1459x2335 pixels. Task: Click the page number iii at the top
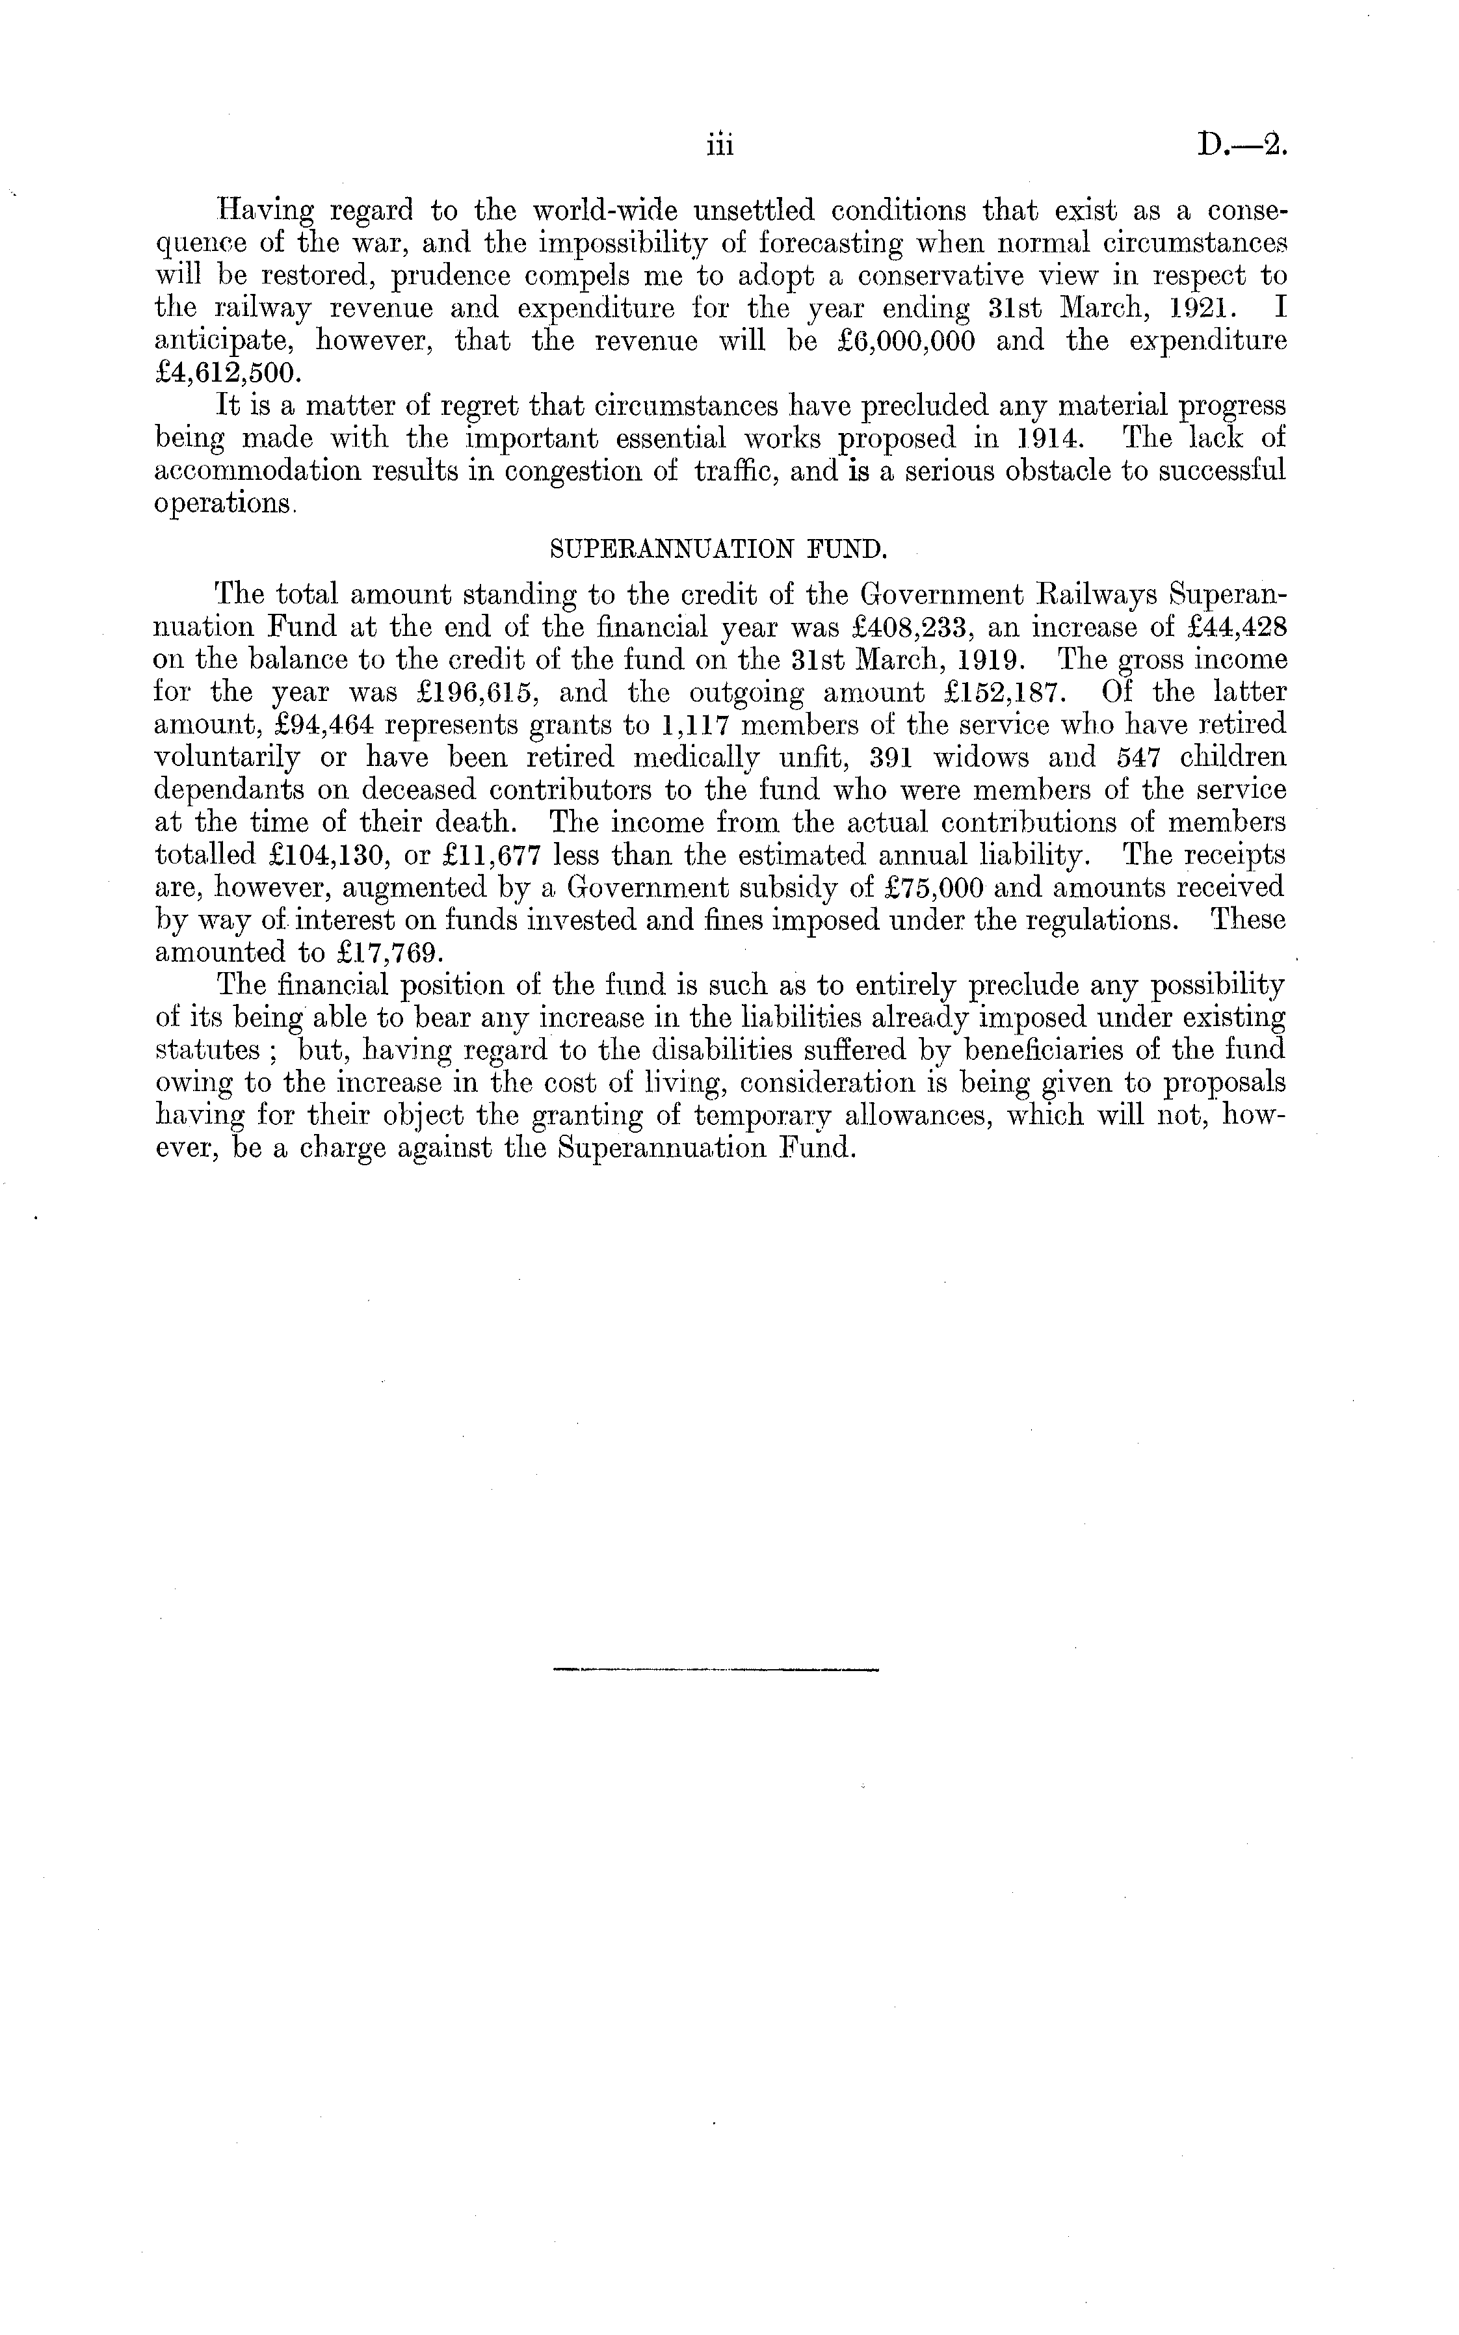[720, 146]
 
